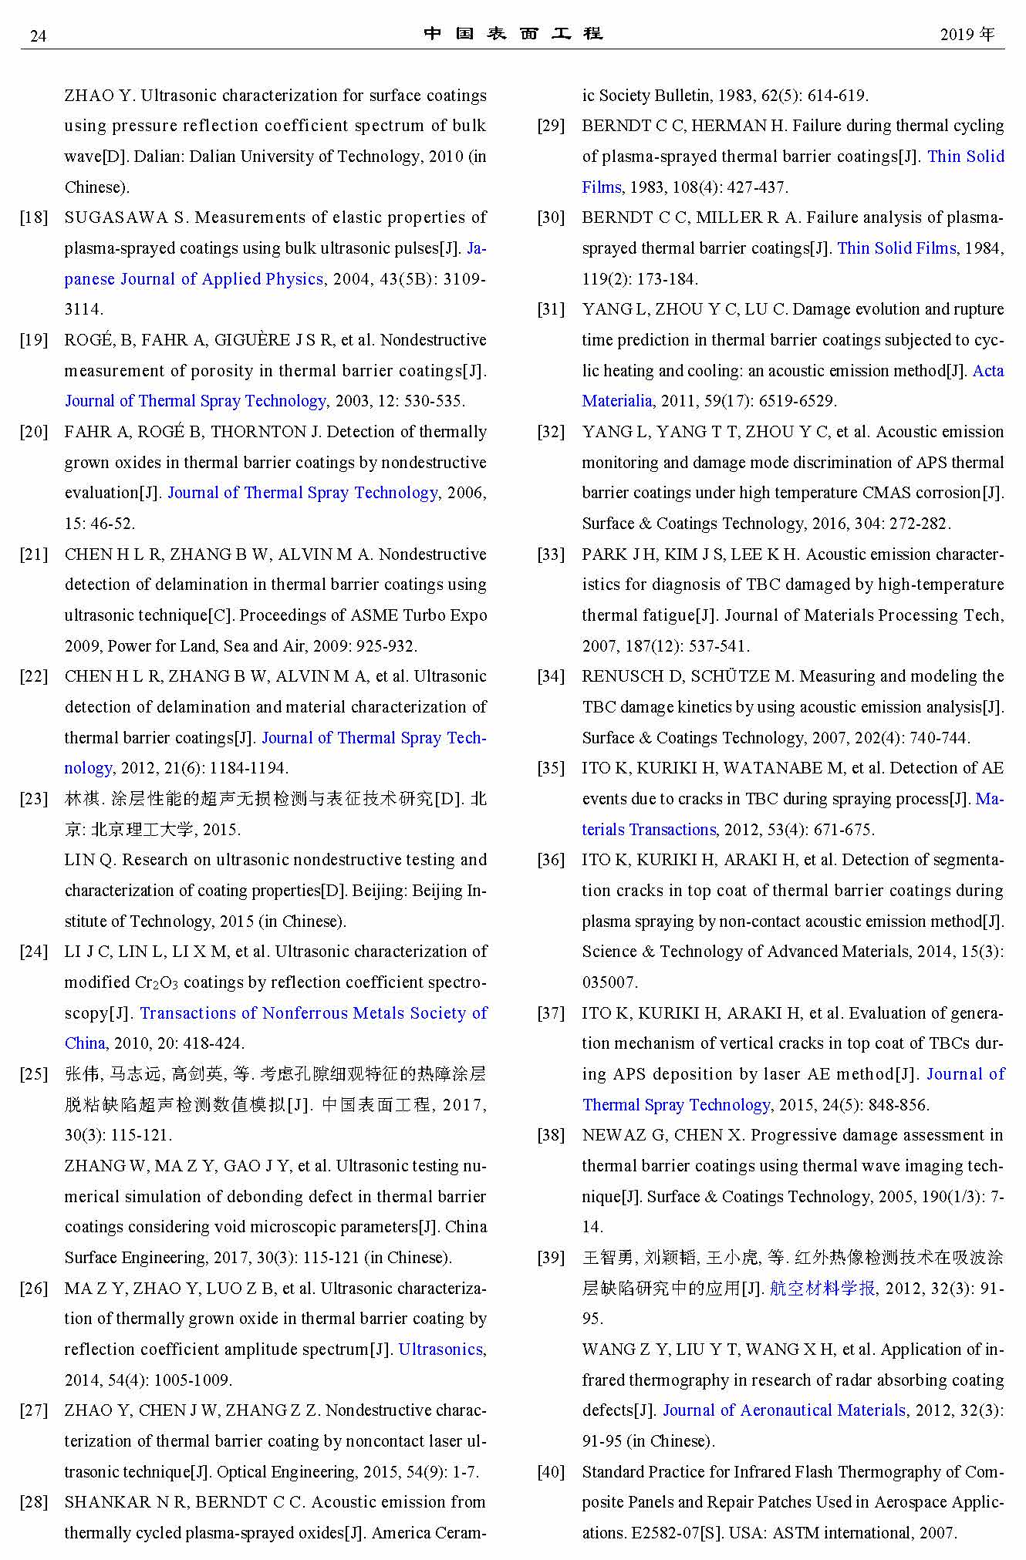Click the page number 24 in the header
click(x=38, y=35)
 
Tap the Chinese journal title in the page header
click(x=513, y=34)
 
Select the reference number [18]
click(x=34, y=217)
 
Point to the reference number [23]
click(x=34, y=799)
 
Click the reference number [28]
click(x=34, y=1502)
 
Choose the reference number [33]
click(x=551, y=554)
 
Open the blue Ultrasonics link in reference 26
click(x=440, y=1349)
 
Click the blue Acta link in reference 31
click(x=988, y=371)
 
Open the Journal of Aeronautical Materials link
click(x=784, y=1410)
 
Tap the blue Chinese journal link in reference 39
click(x=822, y=1289)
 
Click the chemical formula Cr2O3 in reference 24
click(x=157, y=982)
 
